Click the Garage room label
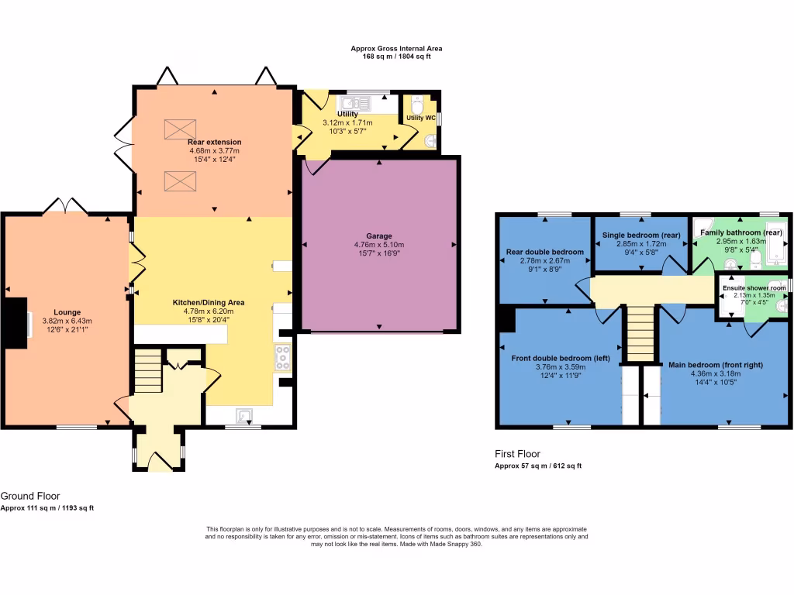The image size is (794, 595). (379, 236)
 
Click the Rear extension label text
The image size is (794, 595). (214, 142)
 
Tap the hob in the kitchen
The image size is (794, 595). (282, 358)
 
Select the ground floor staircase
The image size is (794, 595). (148, 371)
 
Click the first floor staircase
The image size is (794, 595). (640, 333)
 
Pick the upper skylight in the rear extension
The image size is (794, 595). (180, 129)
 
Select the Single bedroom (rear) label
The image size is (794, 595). (640, 235)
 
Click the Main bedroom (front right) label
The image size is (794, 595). (716, 364)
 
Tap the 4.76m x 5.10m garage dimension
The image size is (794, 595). (379, 245)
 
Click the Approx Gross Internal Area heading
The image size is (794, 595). (396, 48)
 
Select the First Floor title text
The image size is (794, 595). (517, 454)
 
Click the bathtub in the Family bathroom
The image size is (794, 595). (776, 249)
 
